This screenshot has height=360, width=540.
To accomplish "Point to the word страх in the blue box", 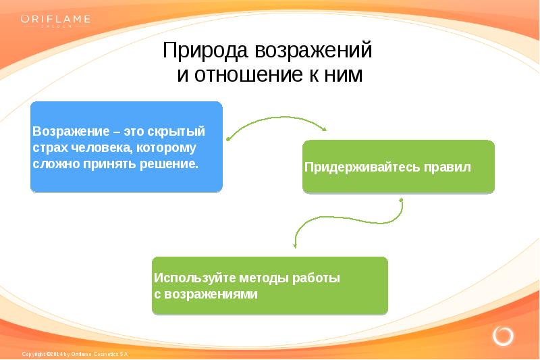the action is [47, 147].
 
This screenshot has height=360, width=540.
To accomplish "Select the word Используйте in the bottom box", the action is [186, 278].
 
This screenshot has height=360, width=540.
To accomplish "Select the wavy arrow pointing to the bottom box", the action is [348, 220].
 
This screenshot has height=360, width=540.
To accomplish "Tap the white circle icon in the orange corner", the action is [503, 336].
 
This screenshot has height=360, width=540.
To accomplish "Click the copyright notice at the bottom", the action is [74, 354].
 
